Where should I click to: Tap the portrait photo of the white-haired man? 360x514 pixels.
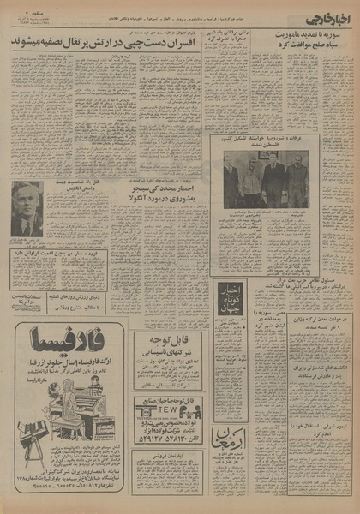(27, 210)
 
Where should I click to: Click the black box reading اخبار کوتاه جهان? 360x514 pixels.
(230, 303)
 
